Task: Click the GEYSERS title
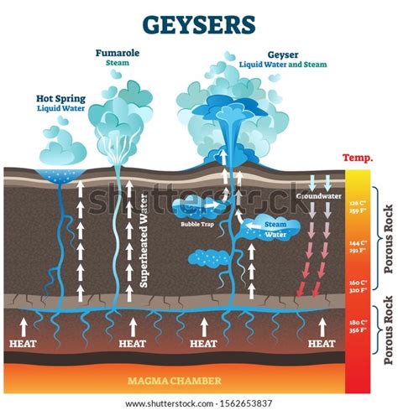198,23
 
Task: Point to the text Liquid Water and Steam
285,64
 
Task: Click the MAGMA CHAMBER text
175,381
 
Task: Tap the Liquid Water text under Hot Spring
60,109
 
